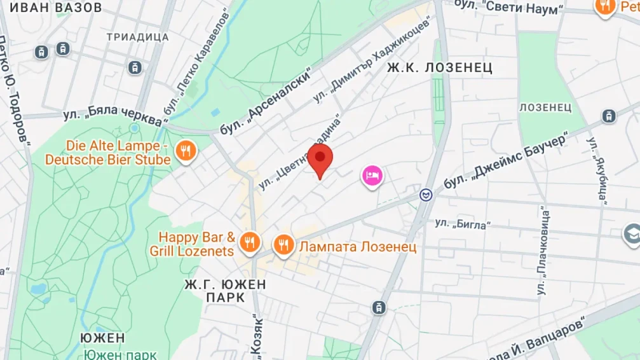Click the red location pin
click(320, 157)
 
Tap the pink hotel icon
click(372, 175)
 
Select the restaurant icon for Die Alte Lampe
click(186, 151)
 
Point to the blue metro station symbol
click(425, 195)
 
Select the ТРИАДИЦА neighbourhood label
click(138, 37)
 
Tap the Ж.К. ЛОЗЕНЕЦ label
click(440, 67)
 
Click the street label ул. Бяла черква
click(113, 114)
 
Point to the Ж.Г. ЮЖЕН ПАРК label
click(225, 290)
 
